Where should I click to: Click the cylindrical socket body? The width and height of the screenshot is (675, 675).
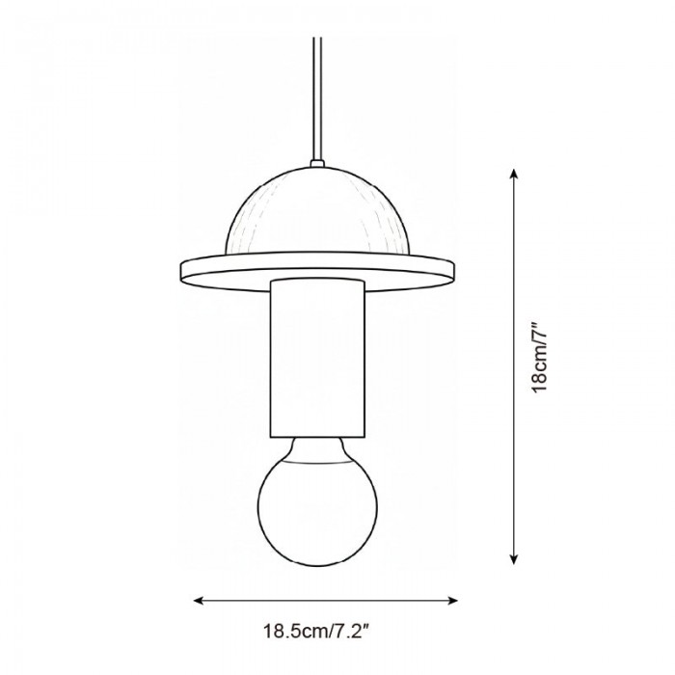[318, 357]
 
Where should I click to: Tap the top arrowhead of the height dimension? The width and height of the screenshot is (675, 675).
[514, 173]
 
